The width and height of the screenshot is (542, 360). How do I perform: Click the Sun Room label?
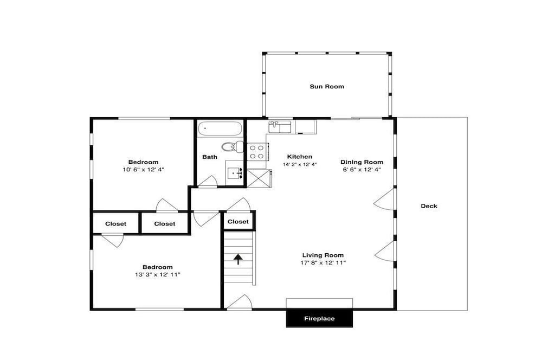pyautogui.click(x=327, y=86)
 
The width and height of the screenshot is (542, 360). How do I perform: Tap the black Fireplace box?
pyautogui.click(x=319, y=318)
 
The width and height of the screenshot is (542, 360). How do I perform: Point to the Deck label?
pyautogui.click(x=429, y=206)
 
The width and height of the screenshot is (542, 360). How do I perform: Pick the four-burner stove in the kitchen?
pyautogui.click(x=256, y=152)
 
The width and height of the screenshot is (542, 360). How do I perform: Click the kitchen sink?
pyautogui.click(x=280, y=126)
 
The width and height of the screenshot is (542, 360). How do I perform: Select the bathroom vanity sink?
pyautogui.click(x=236, y=172)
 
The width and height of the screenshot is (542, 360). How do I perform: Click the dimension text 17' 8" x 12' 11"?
pyautogui.click(x=323, y=263)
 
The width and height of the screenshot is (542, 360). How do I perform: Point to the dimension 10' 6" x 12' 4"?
pyautogui.click(x=144, y=170)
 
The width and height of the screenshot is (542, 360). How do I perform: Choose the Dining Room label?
pyautogui.click(x=362, y=162)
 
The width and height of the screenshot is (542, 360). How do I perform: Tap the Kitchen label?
pyautogui.click(x=300, y=157)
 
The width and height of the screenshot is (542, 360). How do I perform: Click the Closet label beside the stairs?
pyautogui.click(x=238, y=222)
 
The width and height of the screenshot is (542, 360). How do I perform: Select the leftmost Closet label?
pyautogui.click(x=116, y=224)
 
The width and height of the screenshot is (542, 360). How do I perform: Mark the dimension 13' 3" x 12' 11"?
pyautogui.click(x=158, y=274)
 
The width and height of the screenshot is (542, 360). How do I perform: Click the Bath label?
pyautogui.click(x=210, y=157)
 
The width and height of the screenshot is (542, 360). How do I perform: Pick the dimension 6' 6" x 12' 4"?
pyautogui.click(x=362, y=170)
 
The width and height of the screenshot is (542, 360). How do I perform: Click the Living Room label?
pyautogui.click(x=323, y=255)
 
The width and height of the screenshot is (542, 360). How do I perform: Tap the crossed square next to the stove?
pyautogui.click(x=256, y=178)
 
